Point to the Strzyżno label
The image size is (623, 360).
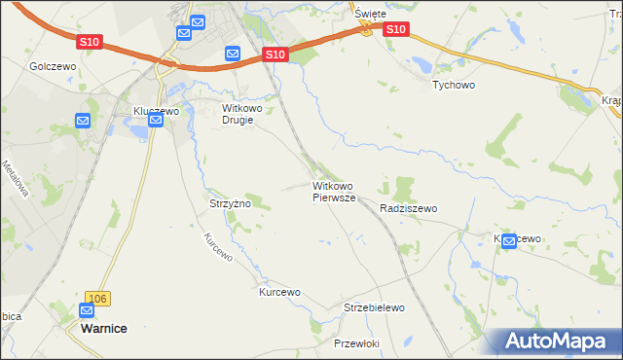(231, 203)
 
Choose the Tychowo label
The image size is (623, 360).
(453, 85)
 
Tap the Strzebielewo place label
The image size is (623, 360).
(374, 307)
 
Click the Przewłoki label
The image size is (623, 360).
(355, 343)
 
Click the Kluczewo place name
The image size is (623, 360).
(156, 111)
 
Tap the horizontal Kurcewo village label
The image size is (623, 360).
(279, 292)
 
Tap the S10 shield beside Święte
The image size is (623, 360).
(394, 30)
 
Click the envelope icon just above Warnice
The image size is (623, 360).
(87, 311)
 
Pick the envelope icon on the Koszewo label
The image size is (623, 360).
(509, 243)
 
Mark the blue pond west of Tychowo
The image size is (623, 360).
(421, 64)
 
